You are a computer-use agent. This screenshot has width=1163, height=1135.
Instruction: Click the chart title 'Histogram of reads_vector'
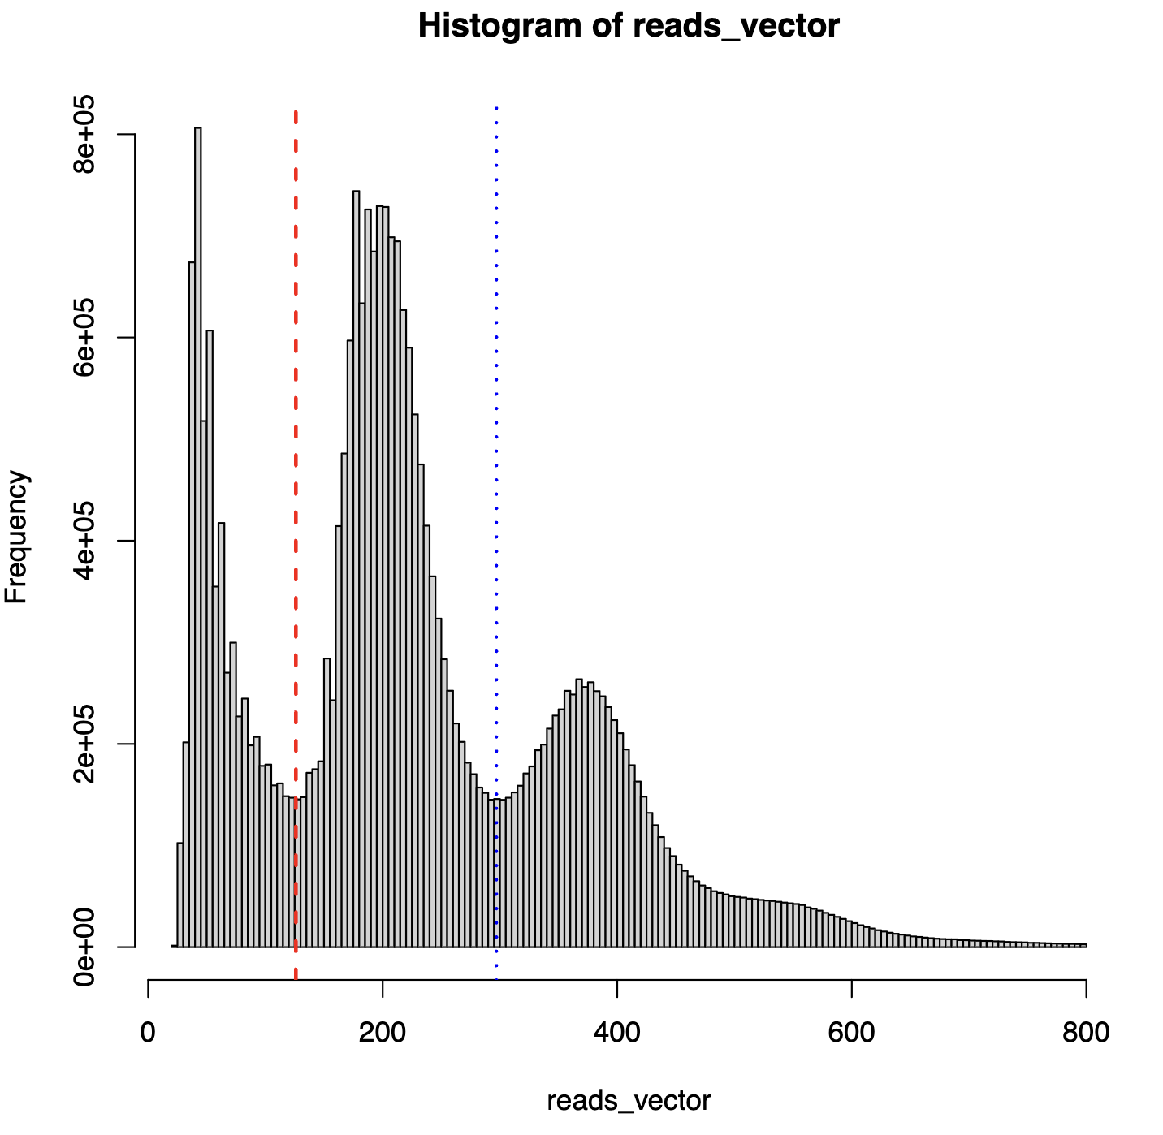(x=629, y=26)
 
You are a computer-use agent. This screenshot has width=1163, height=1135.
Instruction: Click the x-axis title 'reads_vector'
(x=629, y=1101)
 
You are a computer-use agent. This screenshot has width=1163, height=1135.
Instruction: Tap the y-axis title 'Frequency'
(x=17, y=537)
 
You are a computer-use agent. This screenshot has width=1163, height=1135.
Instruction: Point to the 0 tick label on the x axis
(x=148, y=1033)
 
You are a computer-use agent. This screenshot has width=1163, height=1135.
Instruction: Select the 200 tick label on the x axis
(x=382, y=1033)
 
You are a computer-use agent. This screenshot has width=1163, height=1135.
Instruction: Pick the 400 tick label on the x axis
(x=617, y=1033)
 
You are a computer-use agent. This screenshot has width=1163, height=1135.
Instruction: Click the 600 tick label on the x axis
(x=851, y=1033)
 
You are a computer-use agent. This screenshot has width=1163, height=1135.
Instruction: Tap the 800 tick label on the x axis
(x=1085, y=1033)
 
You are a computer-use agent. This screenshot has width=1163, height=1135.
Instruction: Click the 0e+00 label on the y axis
(x=84, y=947)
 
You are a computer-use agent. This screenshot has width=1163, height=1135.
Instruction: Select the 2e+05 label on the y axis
(x=84, y=744)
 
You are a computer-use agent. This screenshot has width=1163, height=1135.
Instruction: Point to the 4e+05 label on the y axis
(x=84, y=541)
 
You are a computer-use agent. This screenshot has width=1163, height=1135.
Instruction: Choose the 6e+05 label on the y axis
(x=84, y=338)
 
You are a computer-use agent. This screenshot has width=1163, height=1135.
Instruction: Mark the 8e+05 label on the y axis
(x=84, y=135)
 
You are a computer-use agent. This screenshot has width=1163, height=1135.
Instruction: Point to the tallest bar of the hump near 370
(x=578, y=812)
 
